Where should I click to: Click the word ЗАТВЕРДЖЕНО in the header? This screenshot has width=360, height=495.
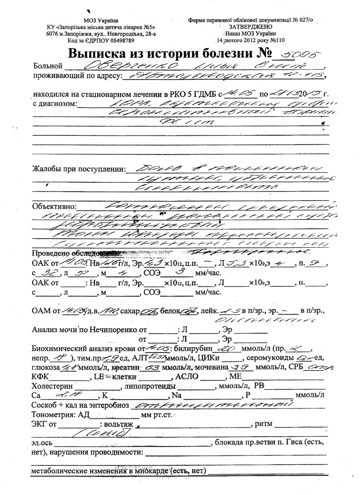tap(250, 27)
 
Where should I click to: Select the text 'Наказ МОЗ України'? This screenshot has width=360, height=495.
tap(250, 33)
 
